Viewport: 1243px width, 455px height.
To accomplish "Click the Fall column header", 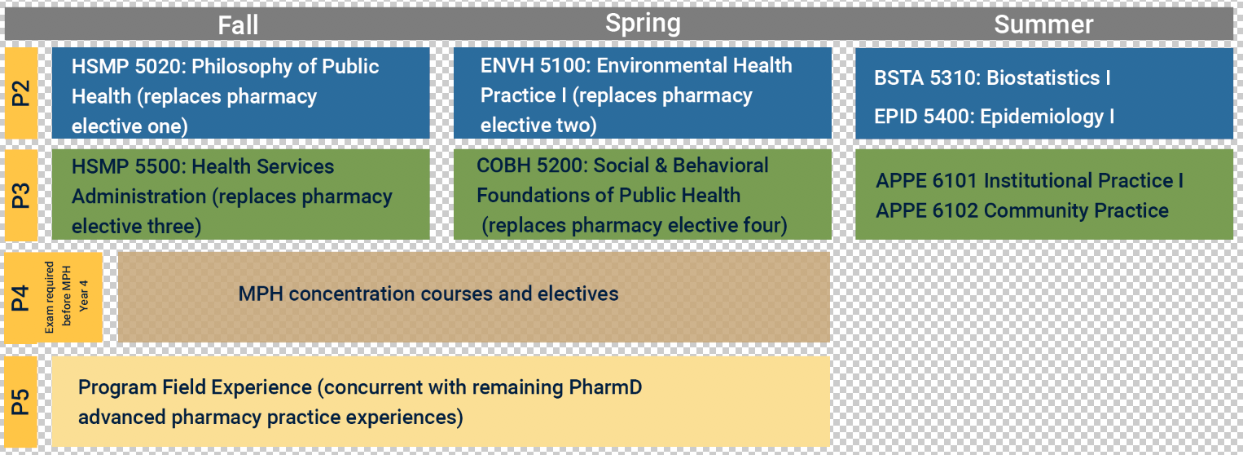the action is pyautogui.click(x=238, y=25).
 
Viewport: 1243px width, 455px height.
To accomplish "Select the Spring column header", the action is pyautogui.click(x=643, y=24).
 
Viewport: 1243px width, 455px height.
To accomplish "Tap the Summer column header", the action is pyautogui.click(x=1043, y=24).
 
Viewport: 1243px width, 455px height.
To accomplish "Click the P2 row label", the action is pyautogui.click(x=20, y=93).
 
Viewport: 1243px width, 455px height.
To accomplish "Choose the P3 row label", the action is pyautogui.click(x=20, y=195).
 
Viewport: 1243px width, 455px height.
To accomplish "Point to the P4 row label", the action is pyautogui.click(x=20, y=298).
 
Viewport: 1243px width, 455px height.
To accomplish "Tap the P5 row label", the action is pyautogui.click(x=20, y=402).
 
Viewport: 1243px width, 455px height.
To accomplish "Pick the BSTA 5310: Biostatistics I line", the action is pyautogui.click(x=992, y=77).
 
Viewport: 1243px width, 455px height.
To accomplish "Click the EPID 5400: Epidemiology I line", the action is pyautogui.click(x=995, y=117).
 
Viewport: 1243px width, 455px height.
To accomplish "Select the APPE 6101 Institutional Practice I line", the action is pyautogui.click(x=1030, y=180).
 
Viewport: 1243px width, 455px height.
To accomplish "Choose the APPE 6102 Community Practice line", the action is pyautogui.click(x=1022, y=210).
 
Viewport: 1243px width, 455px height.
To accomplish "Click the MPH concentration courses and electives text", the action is pyautogui.click(x=428, y=294).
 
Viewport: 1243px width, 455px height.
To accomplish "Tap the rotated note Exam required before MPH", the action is pyautogui.click(x=58, y=298).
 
